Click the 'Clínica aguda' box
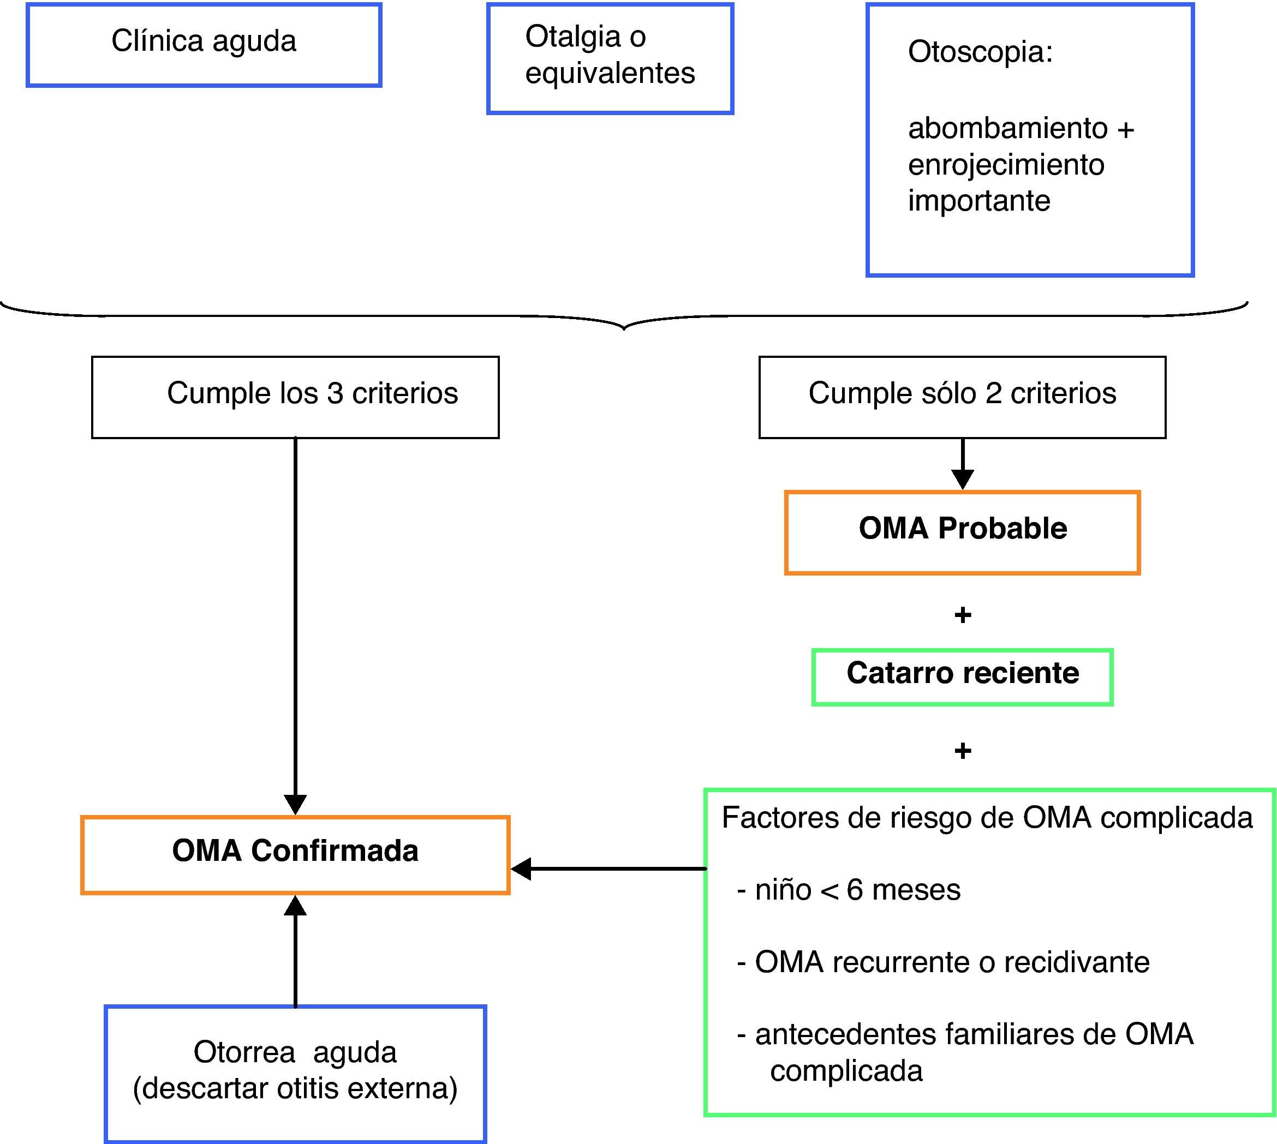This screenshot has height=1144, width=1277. pos(204,45)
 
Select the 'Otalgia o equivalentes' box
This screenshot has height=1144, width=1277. pos(610,58)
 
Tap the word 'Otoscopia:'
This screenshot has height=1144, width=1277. pos(980,51)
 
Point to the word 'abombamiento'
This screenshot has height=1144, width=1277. pos(1007,129)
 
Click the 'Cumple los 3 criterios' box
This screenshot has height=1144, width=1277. pos(296,397)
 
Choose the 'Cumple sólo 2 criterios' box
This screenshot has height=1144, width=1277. pos(962,397)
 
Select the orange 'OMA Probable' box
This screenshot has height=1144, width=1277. pos(962,532)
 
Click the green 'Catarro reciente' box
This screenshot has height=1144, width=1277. pos(962,677)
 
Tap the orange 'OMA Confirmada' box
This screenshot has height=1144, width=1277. pos(296,855)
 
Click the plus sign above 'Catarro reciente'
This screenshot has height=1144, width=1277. pos(963,615)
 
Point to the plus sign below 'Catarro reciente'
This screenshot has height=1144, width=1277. pos(963,751)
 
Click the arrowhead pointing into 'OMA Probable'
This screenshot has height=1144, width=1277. pos(963,480)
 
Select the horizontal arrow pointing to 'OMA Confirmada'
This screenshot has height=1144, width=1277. pos(608,869)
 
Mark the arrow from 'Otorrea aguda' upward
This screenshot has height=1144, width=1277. pos(296,950)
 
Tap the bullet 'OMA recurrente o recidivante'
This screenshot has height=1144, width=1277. pos(943,962)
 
